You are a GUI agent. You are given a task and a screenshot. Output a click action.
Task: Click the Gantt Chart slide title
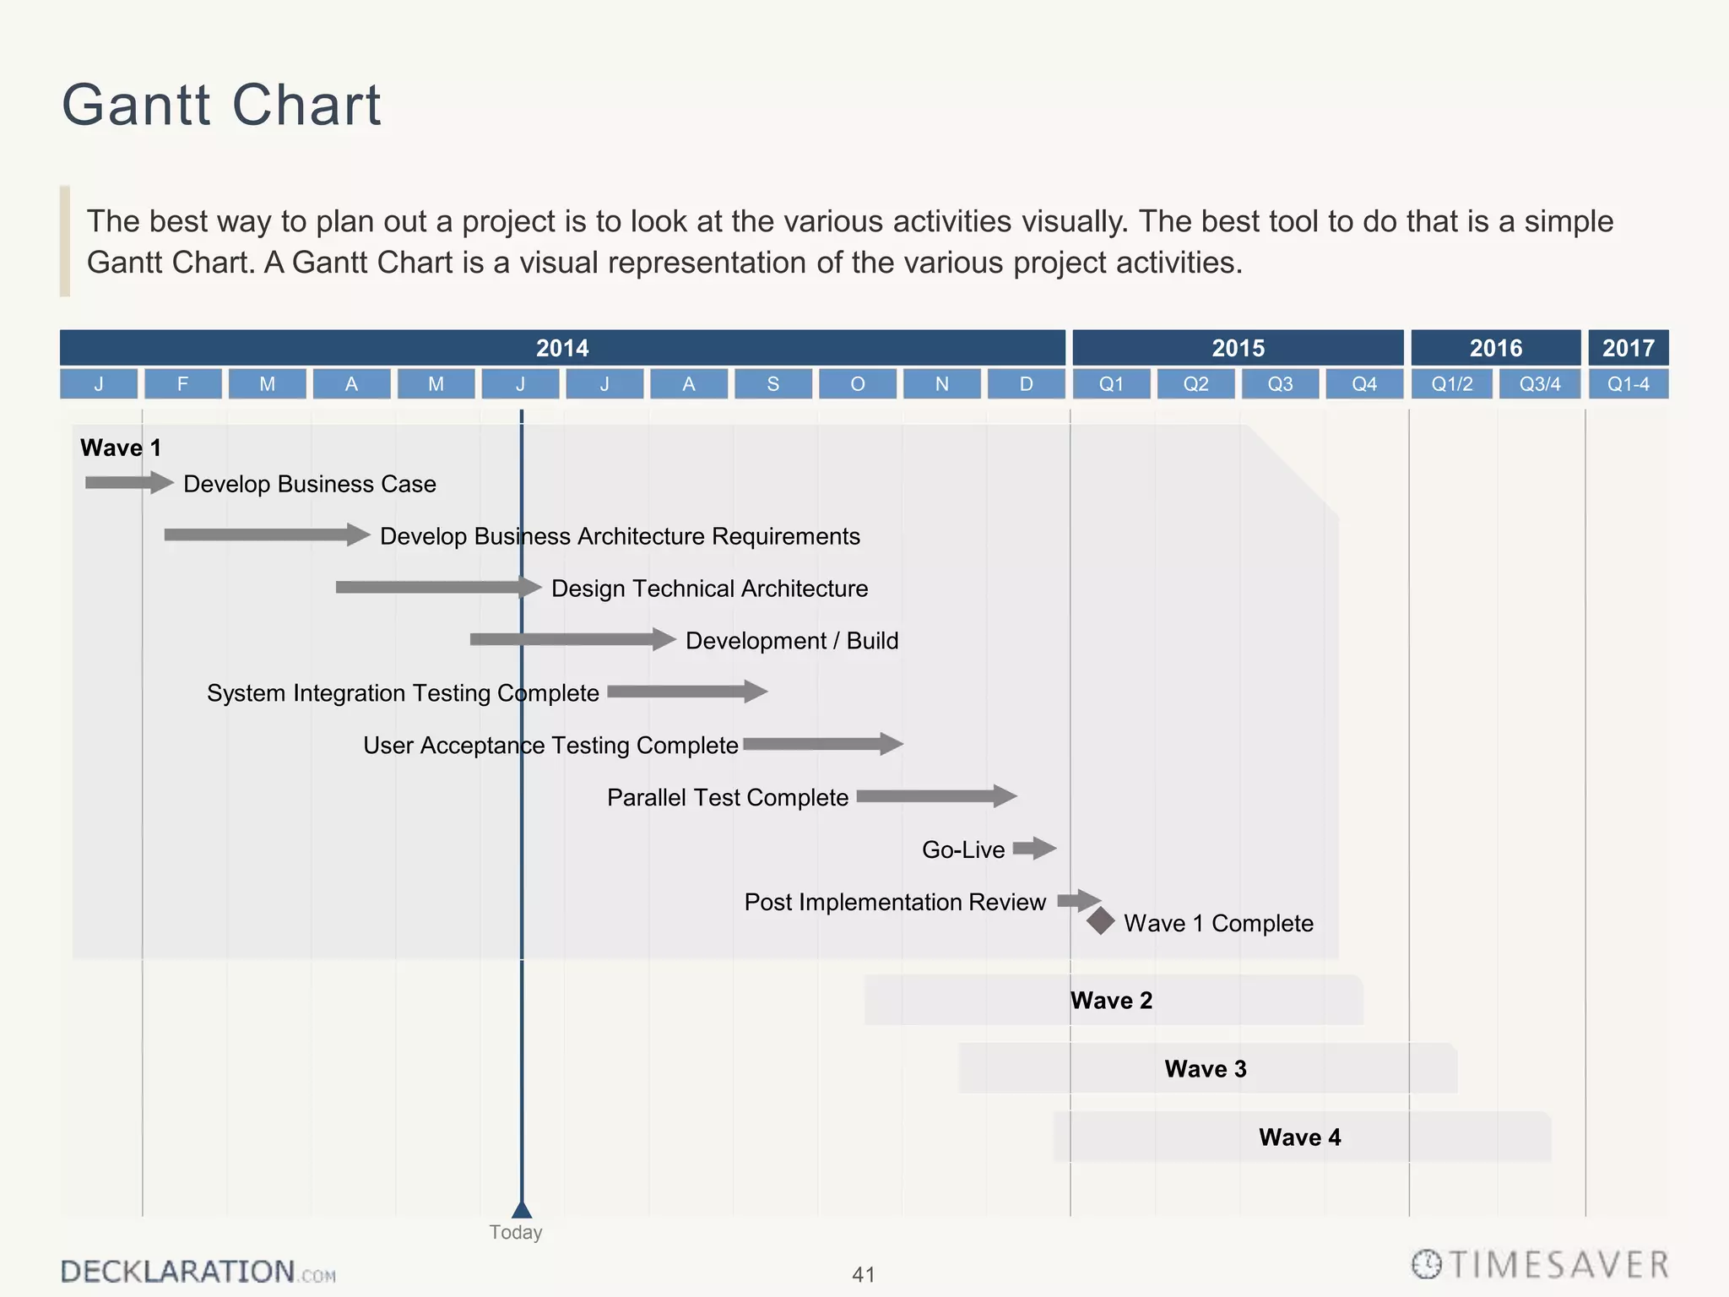[221, 106]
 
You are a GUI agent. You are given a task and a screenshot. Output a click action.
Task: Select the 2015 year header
[1238, 348]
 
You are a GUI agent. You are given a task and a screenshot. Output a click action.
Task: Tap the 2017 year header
[1628, 348]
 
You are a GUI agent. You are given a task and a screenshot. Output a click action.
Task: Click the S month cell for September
[772, 384]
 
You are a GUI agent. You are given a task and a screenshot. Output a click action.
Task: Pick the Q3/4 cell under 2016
[1539, 384]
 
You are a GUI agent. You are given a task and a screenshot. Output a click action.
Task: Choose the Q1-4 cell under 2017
[1628, 384]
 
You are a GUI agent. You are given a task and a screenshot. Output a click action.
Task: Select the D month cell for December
[1026, 384]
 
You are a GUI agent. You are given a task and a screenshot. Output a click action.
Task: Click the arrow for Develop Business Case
[128, 483]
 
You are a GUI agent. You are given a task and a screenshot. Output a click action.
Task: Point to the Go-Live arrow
[1034, 848]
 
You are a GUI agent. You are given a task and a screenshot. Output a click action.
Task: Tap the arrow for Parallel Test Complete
[935, 796]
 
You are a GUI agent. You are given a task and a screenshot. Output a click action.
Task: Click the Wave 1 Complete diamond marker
[1100, 921]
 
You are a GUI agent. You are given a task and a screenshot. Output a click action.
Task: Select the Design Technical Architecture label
[709, 589]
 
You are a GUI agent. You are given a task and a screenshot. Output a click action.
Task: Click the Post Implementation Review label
[895, 902]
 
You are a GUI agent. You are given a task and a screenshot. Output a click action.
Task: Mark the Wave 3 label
[1206, 1069]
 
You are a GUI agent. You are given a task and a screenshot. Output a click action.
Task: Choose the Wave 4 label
[1299, 1137]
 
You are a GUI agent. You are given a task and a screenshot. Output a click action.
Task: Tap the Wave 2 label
[1111, 1001]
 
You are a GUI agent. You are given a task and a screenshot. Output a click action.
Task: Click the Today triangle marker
[522, 1210]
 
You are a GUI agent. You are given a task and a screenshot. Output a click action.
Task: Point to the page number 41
[864, 1274]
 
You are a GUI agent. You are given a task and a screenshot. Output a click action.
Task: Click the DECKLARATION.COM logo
[198, 1272]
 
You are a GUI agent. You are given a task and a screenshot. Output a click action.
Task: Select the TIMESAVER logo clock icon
[1427, 1265]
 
